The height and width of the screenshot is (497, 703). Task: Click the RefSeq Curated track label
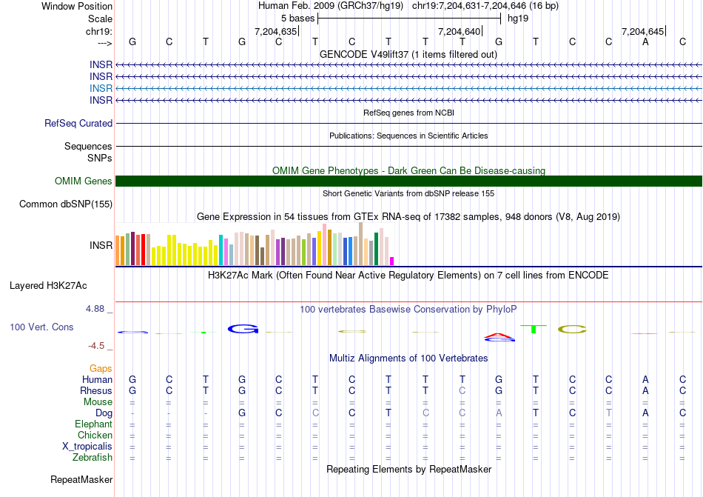(x=78, y=124)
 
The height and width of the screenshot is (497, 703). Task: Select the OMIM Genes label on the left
(x=84, y=181)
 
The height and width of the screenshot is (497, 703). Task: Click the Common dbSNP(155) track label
(x=66, y=204)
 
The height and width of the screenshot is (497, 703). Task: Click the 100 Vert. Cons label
(x=41, y=327)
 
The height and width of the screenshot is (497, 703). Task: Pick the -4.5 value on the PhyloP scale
(x=99, y=345)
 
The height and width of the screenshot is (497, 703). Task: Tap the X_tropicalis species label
(x=87, y=447)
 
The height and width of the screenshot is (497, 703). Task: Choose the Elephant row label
(x=93, y=424)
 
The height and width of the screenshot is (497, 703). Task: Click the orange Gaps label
(x=101, y=368)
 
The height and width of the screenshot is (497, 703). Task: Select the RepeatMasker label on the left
(x=81, y=480)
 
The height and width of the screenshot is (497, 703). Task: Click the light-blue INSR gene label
(x=101, y=88)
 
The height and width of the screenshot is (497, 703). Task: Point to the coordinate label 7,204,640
(x=460, y=31)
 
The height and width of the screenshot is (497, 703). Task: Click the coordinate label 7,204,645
(x=643, y=31)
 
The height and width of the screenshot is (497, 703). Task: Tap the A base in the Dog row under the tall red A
(x=499, y=413)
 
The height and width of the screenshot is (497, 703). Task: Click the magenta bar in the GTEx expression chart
(x=392, y=261)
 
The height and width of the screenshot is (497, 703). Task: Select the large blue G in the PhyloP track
(x=241, y=328)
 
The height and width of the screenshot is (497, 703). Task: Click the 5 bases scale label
(x=297, y=18)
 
